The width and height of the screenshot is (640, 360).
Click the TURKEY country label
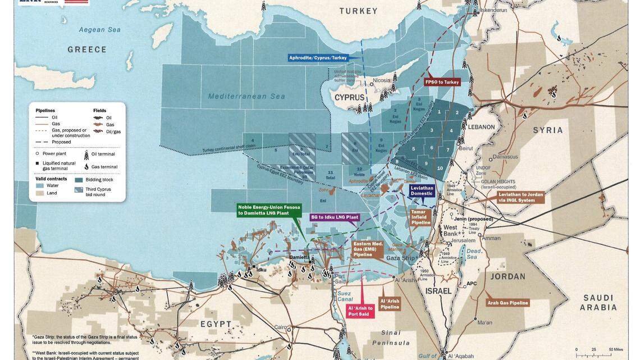click(359, 11)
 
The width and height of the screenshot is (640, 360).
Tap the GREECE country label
click(87, 49)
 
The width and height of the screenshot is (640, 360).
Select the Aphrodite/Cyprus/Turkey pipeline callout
click(318, 57)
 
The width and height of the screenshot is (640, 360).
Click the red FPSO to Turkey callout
click(442, 82)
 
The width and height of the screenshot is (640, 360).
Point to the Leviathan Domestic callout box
click(422, 190)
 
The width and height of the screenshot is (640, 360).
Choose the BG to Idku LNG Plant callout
click(335, 217)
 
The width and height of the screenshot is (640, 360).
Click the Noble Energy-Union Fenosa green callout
click(269, 210)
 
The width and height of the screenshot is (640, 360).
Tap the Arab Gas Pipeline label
click(507, 303)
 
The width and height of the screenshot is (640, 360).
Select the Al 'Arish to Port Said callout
click(360, 311)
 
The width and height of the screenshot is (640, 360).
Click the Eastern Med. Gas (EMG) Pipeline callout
click(368, 249)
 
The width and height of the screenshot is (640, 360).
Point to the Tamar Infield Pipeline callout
click(421, 217)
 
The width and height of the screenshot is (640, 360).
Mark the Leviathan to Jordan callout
click(520, 197)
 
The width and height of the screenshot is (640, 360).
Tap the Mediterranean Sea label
click(246, 96)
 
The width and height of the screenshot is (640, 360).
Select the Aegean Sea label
click(100, 29)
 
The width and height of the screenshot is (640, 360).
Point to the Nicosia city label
click(381, 80)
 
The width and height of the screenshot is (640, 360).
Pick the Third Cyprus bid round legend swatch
click(78, 190)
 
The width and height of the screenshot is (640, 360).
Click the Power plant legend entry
click(54, 153)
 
